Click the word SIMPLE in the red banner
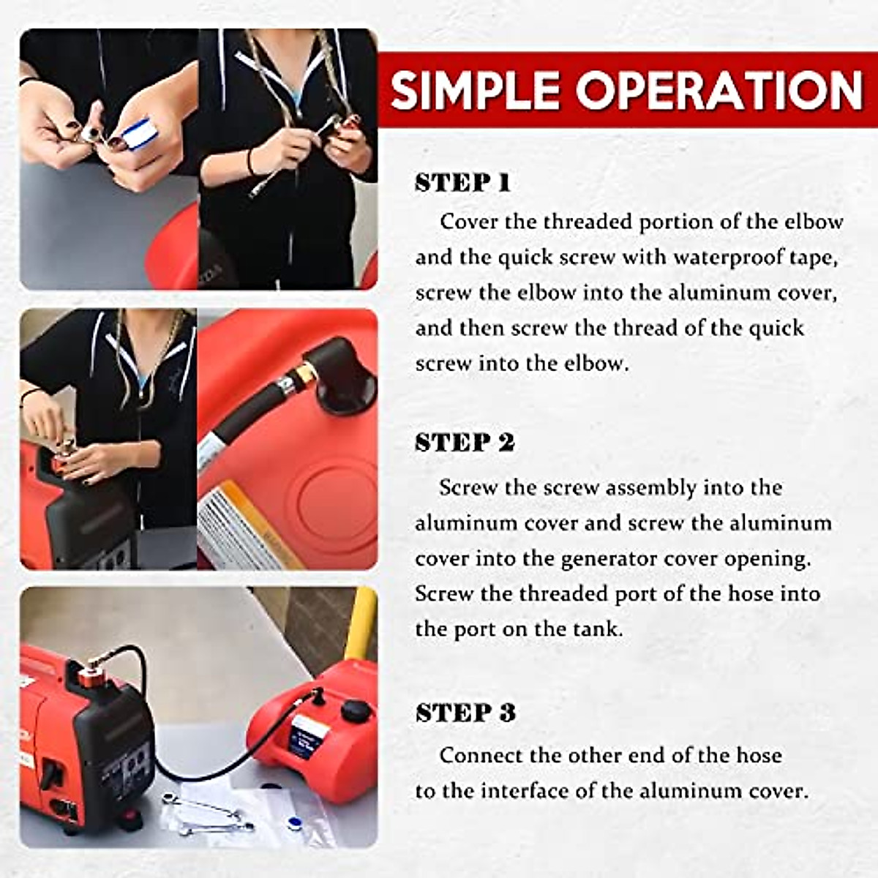point(476,91)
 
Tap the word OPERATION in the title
point(719,91)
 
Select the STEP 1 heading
point(462,183)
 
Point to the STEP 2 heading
point(465,443)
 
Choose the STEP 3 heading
point(465,713)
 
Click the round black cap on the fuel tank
point(356,710)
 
